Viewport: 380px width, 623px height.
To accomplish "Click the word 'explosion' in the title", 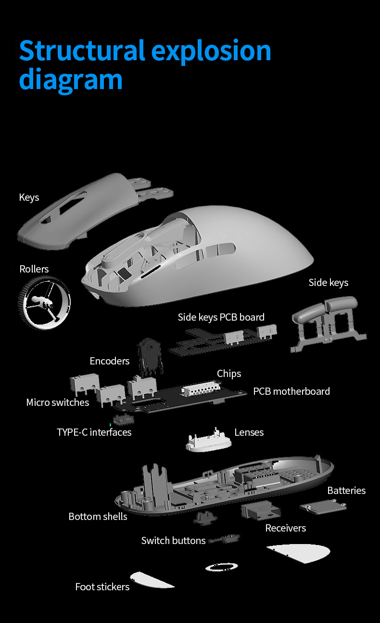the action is pos(211,51).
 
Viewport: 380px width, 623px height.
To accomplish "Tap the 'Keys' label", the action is pos(29,197).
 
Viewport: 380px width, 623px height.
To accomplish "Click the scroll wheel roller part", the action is pos(44,303).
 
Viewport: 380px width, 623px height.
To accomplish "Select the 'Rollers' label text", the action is pos(34,269).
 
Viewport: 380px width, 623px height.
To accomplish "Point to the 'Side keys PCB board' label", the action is pos(221,317).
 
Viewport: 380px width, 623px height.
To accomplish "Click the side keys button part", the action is pos(328,323).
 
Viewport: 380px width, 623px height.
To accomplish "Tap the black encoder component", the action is pos(150,357).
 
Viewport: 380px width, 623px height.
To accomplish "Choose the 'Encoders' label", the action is pos(110,361).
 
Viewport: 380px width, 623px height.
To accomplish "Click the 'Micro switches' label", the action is pos(58,402).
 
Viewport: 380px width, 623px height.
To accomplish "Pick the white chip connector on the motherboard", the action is pos(201,388).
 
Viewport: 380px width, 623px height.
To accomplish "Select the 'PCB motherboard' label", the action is pos(291,391).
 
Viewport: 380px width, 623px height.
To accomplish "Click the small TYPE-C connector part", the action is pos(124,419).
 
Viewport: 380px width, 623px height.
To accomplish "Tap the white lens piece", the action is pos(209,440).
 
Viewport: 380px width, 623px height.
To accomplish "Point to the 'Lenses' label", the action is pos(249,432).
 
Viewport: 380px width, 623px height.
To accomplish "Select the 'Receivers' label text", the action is pos(286,528).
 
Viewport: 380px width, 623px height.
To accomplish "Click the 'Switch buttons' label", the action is pos(173,540).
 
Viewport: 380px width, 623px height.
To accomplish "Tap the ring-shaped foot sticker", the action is pos(221,567).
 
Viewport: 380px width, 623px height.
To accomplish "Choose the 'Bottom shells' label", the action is pos(98,517).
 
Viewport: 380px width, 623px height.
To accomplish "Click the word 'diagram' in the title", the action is pos(71,79).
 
